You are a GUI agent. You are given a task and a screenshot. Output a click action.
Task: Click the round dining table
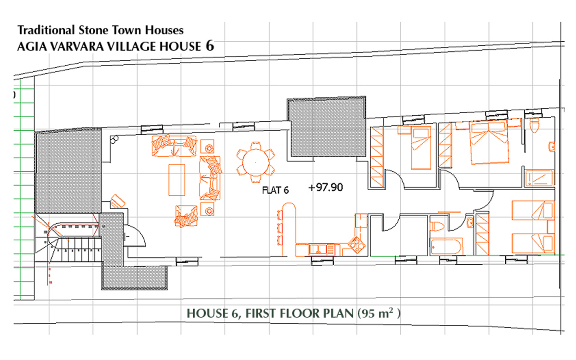pyautogui.click(x=256, y=162)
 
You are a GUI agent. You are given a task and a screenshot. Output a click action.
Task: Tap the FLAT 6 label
pyautogui.click(x=275, y=190)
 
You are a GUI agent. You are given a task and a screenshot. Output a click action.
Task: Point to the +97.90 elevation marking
pyautogui.click(x=326, y=188)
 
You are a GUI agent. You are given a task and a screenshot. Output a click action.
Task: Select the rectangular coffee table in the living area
pyautogui.click(x=177, y=180)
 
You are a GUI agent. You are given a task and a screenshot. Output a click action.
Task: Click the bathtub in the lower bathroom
pyautogui.click(x=446, y=247)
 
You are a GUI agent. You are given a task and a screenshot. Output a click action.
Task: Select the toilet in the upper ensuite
pyautogui.click(x=534, y=125)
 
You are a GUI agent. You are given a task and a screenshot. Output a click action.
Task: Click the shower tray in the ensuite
pyautogui.click(x=539, y=178)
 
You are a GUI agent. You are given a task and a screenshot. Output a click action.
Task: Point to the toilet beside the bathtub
pyautogui.click(x=437, y=226)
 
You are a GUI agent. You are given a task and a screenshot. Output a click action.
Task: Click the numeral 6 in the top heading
pyautogui.click(x=210, y=46)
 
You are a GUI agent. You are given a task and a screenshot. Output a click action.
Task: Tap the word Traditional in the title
pyautogui.click(x=46, y=30)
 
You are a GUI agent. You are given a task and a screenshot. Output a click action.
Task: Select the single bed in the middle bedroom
pyautogui.click(x=421, y=148)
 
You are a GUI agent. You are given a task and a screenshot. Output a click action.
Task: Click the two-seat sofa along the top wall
pyautogui.click(x=174, y=146)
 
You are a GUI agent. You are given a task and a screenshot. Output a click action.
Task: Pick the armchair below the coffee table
pyautogui.click(x=186, y=216)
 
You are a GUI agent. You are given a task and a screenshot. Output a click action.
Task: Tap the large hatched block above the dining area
pyautogui.click(x=326, y=127)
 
